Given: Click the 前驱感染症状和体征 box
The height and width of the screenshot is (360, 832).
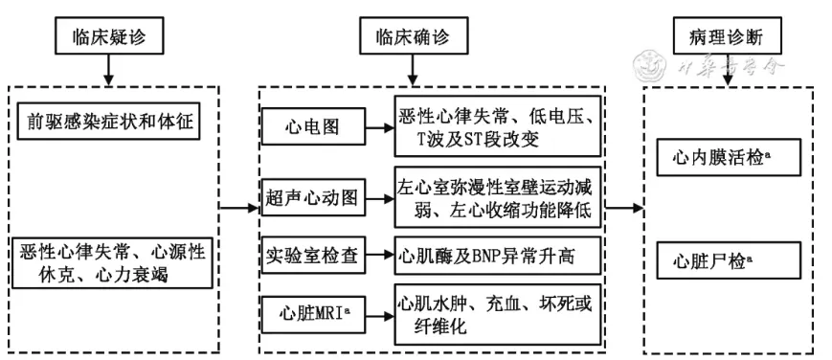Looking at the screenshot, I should (113, 125).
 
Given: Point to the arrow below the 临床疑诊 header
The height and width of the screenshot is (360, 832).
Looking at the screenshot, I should (107, 72).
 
